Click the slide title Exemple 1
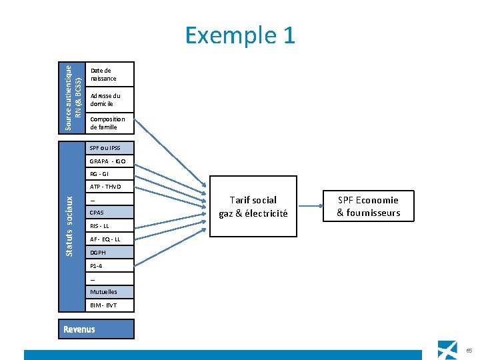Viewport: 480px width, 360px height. click(240, 35)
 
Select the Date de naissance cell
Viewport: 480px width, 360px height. click(109, 75)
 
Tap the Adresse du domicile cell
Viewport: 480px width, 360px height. click(109, 100)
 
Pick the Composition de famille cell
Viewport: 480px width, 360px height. click(109, 123)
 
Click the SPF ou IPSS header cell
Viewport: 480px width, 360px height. click(109, 148)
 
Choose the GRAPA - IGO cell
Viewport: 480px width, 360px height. click(109, 161)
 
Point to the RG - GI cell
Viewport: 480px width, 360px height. click(109, 174)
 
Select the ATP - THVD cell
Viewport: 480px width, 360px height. click(109, 187)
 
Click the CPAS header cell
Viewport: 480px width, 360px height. click(109, 213)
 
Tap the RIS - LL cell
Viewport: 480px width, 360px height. click(109, 226)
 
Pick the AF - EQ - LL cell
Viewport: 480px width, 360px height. click(109, 239)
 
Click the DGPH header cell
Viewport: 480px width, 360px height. click(109, 253)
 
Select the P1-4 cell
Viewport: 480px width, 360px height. click(109, 266)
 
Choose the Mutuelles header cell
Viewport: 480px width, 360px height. click(109, 292)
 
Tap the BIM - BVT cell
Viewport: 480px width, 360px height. click(109, 305)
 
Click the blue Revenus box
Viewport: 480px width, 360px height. click(96, 329)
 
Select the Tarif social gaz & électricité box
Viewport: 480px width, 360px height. click(253, 206)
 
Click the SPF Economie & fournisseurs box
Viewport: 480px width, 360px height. click(369, 206)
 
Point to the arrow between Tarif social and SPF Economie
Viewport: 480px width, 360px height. click(311, 206)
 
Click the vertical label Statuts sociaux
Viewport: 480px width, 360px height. click(69, 227)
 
